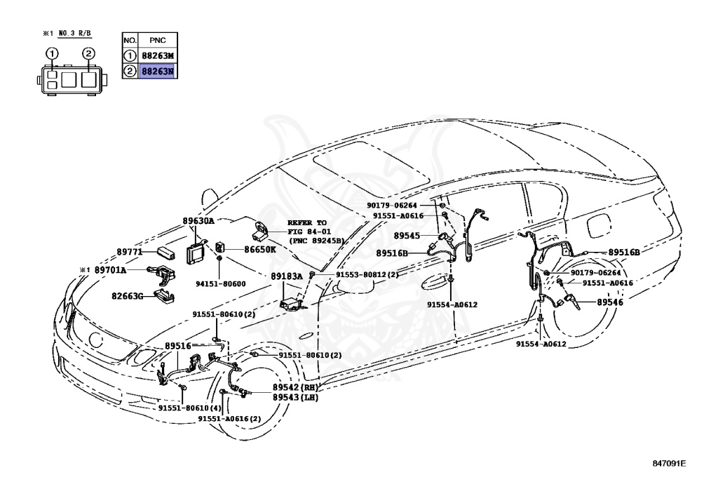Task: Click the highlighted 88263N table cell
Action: pyautogui.click(x=157, y=71)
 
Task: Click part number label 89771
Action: pyautogui.click(x=129, y=250)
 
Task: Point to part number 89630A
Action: pyautogui.click(x=198, y=220)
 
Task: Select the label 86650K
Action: pyautogui.click(x=260, y=249)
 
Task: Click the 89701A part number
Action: pyautogui.click(x=111, y=270)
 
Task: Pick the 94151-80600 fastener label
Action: pyautogui.click(x=219, y=284)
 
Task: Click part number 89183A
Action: pyautogui.click(x=287, y=276)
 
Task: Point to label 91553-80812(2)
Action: pyautogui.click(x=367, y=275)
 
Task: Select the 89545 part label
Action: pyautogui.click(x=407, y=236)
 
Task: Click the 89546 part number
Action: pyautogui.click(x=610, y=302)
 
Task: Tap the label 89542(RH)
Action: pyautogui.click(x=295, y=387)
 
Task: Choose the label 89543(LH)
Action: pyautogui.click(x=295, y=397)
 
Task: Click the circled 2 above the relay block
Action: pyautogui.click(x=88, y=53)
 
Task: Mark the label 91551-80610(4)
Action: pyautogui.click(x=189, y=408)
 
